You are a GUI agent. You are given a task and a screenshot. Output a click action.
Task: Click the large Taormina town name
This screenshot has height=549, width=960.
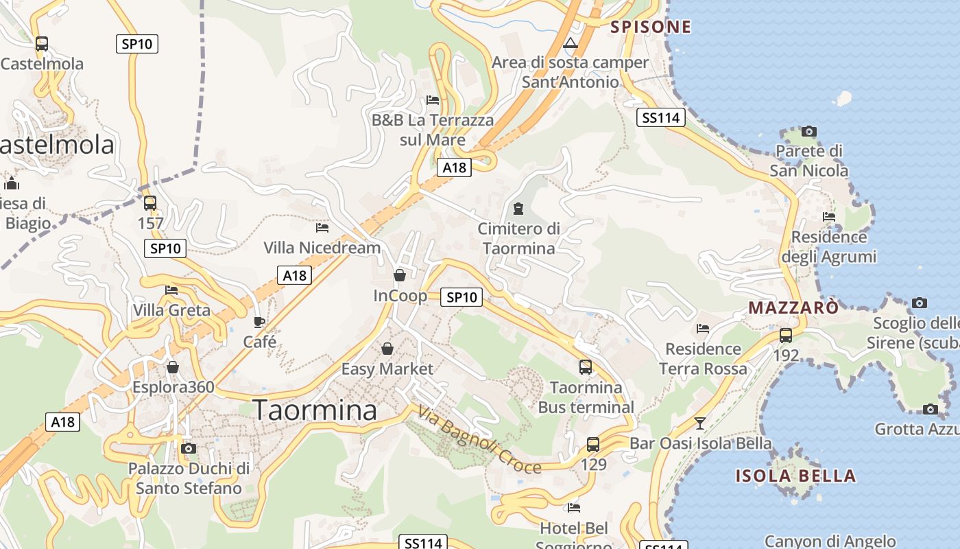tap(315, 410)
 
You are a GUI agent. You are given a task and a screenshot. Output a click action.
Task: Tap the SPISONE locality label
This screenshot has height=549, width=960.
tap(651, 27)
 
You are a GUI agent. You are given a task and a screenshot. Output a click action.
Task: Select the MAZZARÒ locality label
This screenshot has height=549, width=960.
tap(793, 307)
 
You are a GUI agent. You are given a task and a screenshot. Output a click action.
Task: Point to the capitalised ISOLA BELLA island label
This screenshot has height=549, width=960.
tap(795, 476)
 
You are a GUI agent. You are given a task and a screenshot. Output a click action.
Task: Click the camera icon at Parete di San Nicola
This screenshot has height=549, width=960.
tap(809, 131)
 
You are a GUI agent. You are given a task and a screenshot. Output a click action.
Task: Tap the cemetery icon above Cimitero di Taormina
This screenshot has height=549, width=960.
tap(518, 208)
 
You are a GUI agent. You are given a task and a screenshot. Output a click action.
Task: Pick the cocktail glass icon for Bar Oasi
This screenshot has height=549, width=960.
tap(699, 423)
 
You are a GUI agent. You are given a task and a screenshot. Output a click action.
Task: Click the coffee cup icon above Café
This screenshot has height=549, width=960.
tap(259, 322)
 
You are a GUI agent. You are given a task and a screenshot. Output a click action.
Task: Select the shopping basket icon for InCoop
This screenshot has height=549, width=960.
tap(400, 275)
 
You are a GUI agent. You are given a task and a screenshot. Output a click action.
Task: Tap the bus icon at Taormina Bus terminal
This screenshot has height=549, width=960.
tap(586, 367)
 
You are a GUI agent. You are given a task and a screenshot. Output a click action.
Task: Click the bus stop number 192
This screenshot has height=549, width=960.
tap(786, 355)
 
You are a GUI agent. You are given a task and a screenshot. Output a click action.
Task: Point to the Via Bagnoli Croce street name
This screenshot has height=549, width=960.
tap(479, 441)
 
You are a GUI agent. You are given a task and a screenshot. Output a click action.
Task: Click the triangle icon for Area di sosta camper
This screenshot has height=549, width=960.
tap(570, 43)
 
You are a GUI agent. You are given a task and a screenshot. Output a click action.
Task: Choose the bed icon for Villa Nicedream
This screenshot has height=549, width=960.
tap(322, 227)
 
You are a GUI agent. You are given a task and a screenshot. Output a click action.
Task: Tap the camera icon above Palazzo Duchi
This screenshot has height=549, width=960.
tap(189, 449)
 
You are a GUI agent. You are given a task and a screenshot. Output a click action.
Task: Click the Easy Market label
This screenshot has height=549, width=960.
tap(387, 369)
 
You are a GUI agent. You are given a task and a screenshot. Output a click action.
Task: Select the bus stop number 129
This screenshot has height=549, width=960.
tap(594, 465)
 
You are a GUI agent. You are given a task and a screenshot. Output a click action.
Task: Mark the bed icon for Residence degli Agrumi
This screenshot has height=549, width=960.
tap(829, 217)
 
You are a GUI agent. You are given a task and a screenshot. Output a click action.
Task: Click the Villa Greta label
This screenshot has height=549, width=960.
tap(171, 310)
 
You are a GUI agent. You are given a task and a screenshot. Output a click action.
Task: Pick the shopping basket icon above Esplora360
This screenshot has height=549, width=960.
tap(173, 367)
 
